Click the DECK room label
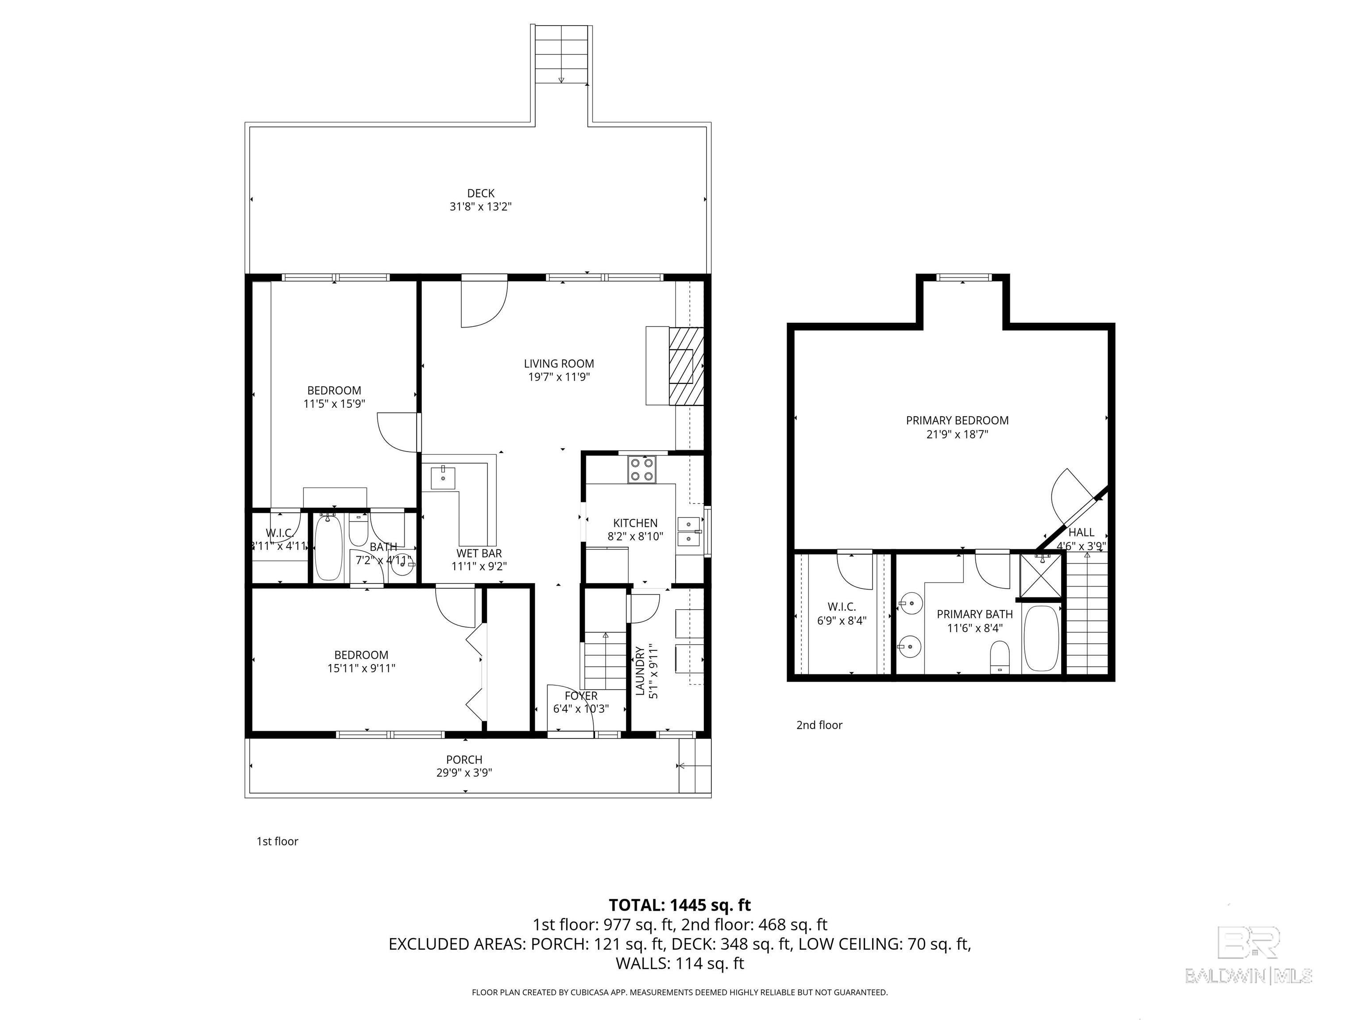481,193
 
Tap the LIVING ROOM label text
559,363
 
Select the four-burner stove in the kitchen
642,470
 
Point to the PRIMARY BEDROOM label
957,421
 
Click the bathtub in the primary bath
1041,639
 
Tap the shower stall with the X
1040,576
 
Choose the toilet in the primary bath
1001,657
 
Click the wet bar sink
443,478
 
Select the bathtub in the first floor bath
328,548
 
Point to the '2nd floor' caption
819,725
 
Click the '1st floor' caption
277,841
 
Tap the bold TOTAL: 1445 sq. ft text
680,905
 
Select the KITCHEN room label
635,522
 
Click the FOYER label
581,695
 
